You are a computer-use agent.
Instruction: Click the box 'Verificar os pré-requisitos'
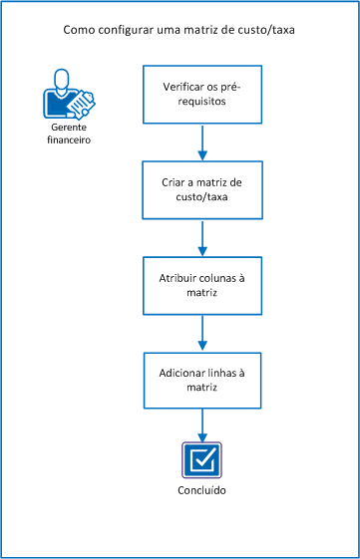pos(202,95)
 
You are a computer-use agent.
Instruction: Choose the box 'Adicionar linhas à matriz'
pos(202,380)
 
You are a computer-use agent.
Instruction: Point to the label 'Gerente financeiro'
pos(68,135)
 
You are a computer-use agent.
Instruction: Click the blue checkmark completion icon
pos(202,461)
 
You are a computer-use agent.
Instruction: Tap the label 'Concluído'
pos(202,492)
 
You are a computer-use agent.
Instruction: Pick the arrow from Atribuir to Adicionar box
pos(202,332)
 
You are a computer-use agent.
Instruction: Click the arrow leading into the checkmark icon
pos(202,424)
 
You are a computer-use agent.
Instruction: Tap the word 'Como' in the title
pos(79,31)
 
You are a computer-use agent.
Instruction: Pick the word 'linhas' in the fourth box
pos(223,373)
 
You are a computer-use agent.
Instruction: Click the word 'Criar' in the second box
pos(175,182)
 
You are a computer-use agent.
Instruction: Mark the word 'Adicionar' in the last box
pos(182,373)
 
